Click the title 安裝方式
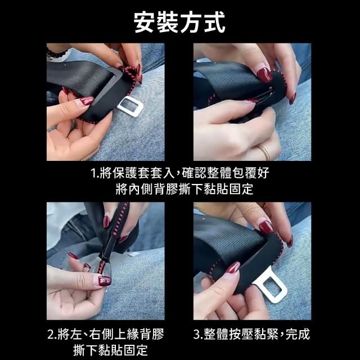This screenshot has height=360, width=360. click(179, 22)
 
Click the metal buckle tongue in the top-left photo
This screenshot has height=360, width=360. click(130, 106)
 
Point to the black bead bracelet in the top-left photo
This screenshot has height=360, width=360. click(56, 54)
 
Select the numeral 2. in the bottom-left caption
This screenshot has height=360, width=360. click(52, 334)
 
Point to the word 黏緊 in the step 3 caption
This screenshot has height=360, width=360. click(267, 334)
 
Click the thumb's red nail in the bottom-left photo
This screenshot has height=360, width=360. click(105, 281)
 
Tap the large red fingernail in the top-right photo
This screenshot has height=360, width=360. click(264, 75)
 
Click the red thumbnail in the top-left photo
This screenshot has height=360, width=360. click(87, 101)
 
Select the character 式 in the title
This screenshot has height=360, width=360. click(214, 22)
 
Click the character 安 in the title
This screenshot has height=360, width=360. click(144, 22)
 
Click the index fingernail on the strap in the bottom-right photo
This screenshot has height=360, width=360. click(266, 227)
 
